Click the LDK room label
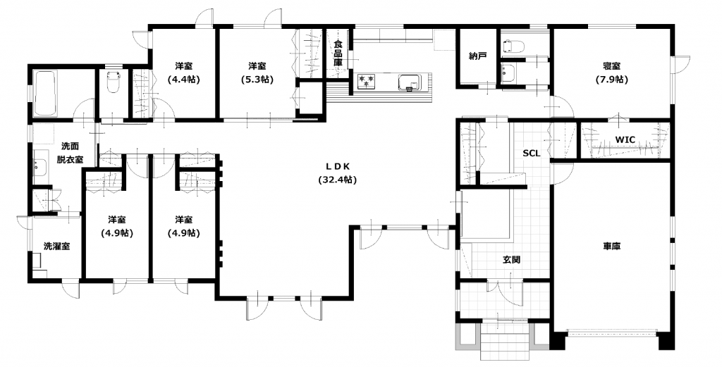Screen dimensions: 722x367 click(x=338, y=166)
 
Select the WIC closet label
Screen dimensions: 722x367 click(x=625, y=139)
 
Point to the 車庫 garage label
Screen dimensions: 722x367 click(x=612, y=247)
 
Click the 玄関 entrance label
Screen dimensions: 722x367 click(x=511, y=260)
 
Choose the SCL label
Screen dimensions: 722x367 click(x=532, y=153)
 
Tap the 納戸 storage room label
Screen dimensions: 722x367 click(x=477, y=56)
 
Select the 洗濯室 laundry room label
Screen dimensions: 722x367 click(x=56, y=247)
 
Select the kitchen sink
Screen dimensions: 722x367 click(x=410, y=82)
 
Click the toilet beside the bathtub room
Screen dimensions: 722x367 click(x=113, y=81)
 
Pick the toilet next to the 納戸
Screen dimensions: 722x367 click(x=513, y=46)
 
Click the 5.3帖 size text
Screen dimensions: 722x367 click(x=257, y=79)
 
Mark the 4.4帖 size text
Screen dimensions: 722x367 click(x=184, y=79)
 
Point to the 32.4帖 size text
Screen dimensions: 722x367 click(x=338, y=180)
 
